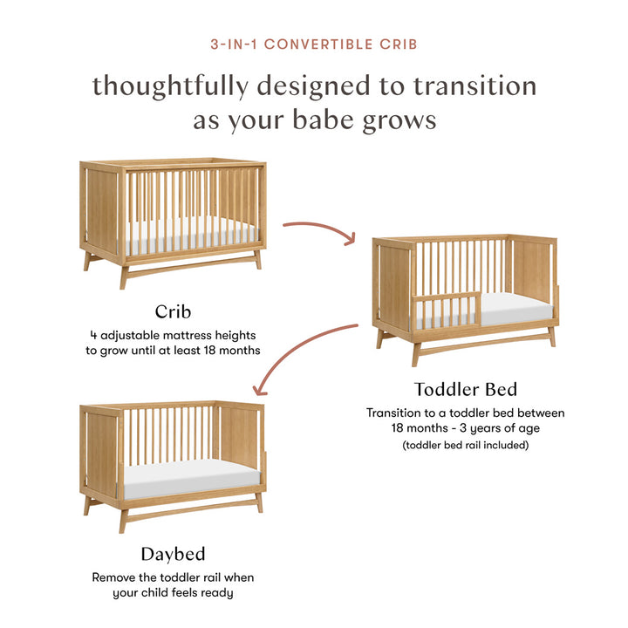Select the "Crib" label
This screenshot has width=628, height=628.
pyautogui.click(x=174, y=311)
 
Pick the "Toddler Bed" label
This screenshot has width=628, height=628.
pyautogui.click(x=466, y=389)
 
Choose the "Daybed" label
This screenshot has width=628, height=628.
pyautogui.click(x=174, y=554)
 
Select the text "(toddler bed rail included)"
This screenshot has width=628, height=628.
pyautogui.click(x=466, y=445)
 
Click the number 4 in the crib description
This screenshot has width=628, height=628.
pyautogui.click(x=92, y=334)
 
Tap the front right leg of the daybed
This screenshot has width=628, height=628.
pyautogui.click(x=260, y=502)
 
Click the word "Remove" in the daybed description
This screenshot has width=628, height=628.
pyautogui.click(x=114, y=577)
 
